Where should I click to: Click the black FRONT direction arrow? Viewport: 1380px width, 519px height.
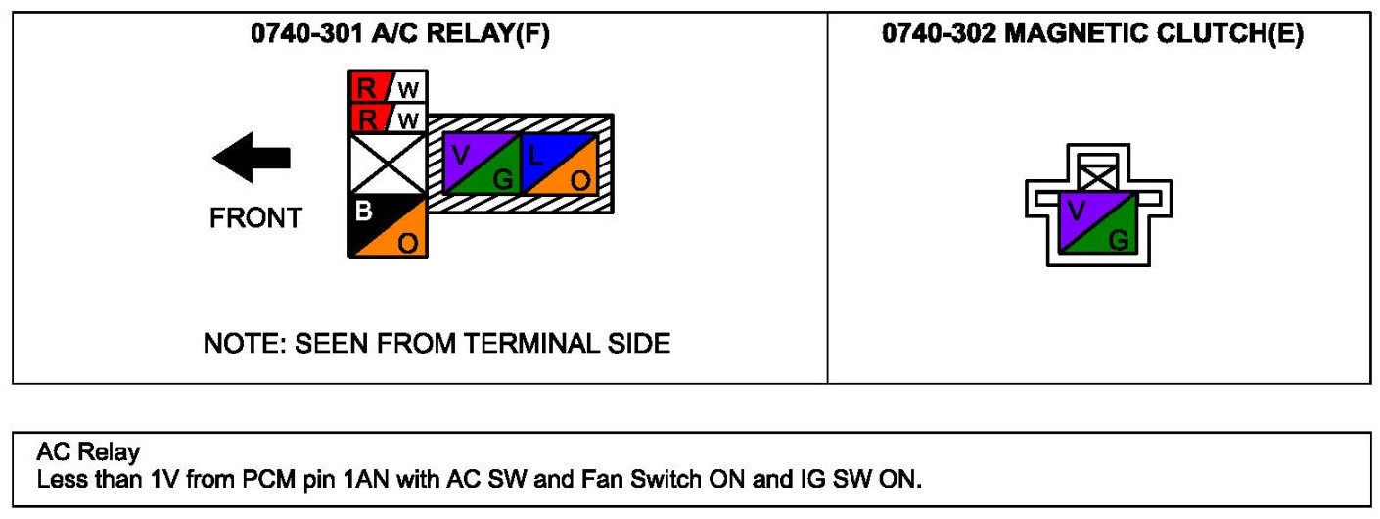tap(252, 158)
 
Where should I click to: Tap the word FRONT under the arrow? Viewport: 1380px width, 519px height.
tap(256, 218)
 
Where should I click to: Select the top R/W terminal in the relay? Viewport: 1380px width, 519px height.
tap(388, 88)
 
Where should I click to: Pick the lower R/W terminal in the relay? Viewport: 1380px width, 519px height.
tap(388, 119)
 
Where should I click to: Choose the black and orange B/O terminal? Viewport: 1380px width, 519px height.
tap(388, 226)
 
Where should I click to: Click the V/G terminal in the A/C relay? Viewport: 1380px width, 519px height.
tap(482, 163)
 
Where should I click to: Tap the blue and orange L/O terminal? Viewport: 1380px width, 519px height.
tap(559, 163)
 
